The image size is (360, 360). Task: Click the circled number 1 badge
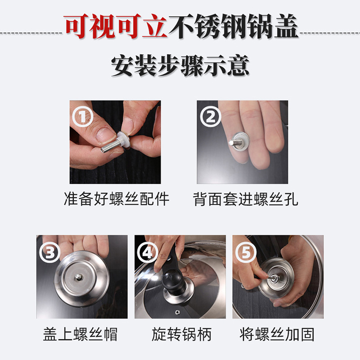83,117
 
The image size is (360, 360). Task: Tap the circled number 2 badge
210,117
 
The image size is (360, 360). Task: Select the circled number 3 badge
49,252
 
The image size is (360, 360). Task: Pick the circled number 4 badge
148,252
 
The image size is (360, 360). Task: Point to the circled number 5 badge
246,252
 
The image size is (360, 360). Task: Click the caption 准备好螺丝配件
117,198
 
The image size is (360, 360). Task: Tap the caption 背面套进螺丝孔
245,199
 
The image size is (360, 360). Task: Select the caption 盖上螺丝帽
81,334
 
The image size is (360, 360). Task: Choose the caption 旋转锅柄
181,334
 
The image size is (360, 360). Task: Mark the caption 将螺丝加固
277,334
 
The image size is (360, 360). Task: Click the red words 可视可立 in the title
115,26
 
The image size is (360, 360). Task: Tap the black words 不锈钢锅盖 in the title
233,26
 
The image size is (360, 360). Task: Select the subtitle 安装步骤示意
180,66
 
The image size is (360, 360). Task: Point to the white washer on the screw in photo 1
123,140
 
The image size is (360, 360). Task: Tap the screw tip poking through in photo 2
233,143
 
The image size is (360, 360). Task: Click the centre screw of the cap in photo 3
78,277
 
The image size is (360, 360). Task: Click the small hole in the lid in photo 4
177,312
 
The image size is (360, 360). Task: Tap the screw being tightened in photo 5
274,278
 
